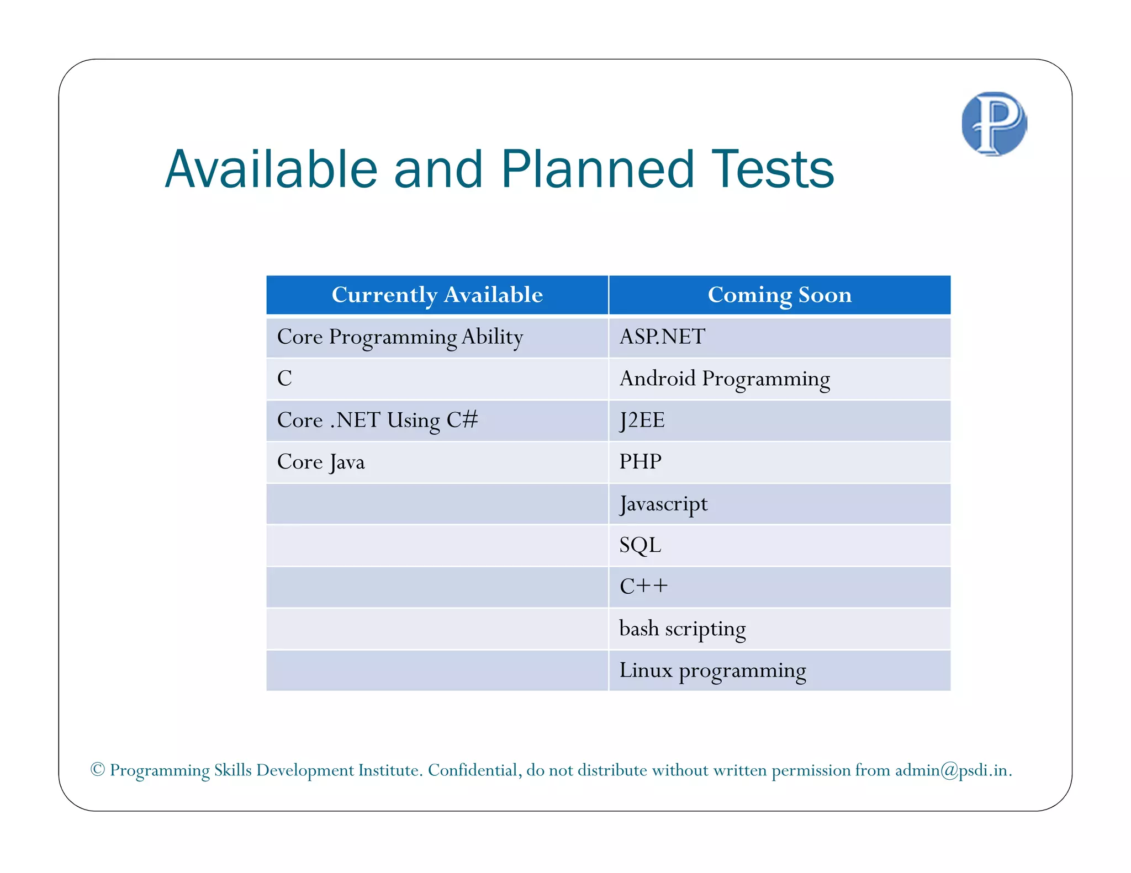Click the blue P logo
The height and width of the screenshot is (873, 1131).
(x=994, y=124)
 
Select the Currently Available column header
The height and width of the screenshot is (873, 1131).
(x=437, y=295)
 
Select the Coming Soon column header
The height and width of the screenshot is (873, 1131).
(x=779, y=295)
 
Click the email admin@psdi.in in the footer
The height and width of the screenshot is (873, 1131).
(x=951, y=770)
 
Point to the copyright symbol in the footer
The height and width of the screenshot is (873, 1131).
(x=98, y=769)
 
